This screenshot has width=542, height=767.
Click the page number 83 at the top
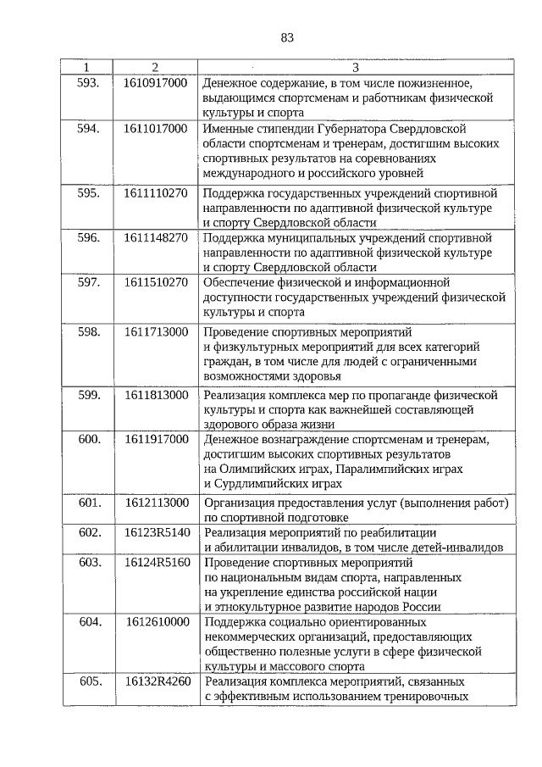[x=287, y=37]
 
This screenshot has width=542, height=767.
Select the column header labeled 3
[x=355, y=67]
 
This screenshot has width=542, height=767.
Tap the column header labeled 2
[x=155, y=67]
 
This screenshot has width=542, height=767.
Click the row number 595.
[x=89, y=192]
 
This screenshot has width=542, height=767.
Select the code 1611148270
[x=155, y=238]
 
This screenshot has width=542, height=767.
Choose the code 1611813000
[x=155, y=395]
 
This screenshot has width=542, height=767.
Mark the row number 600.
[x=89, y=439]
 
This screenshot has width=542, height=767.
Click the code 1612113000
[x=155, y=503]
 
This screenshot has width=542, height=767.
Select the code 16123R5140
[x=155, y=532]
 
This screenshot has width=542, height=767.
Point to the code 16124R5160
[x=155, y=562]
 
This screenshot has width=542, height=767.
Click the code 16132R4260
[x=155, y=681]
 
